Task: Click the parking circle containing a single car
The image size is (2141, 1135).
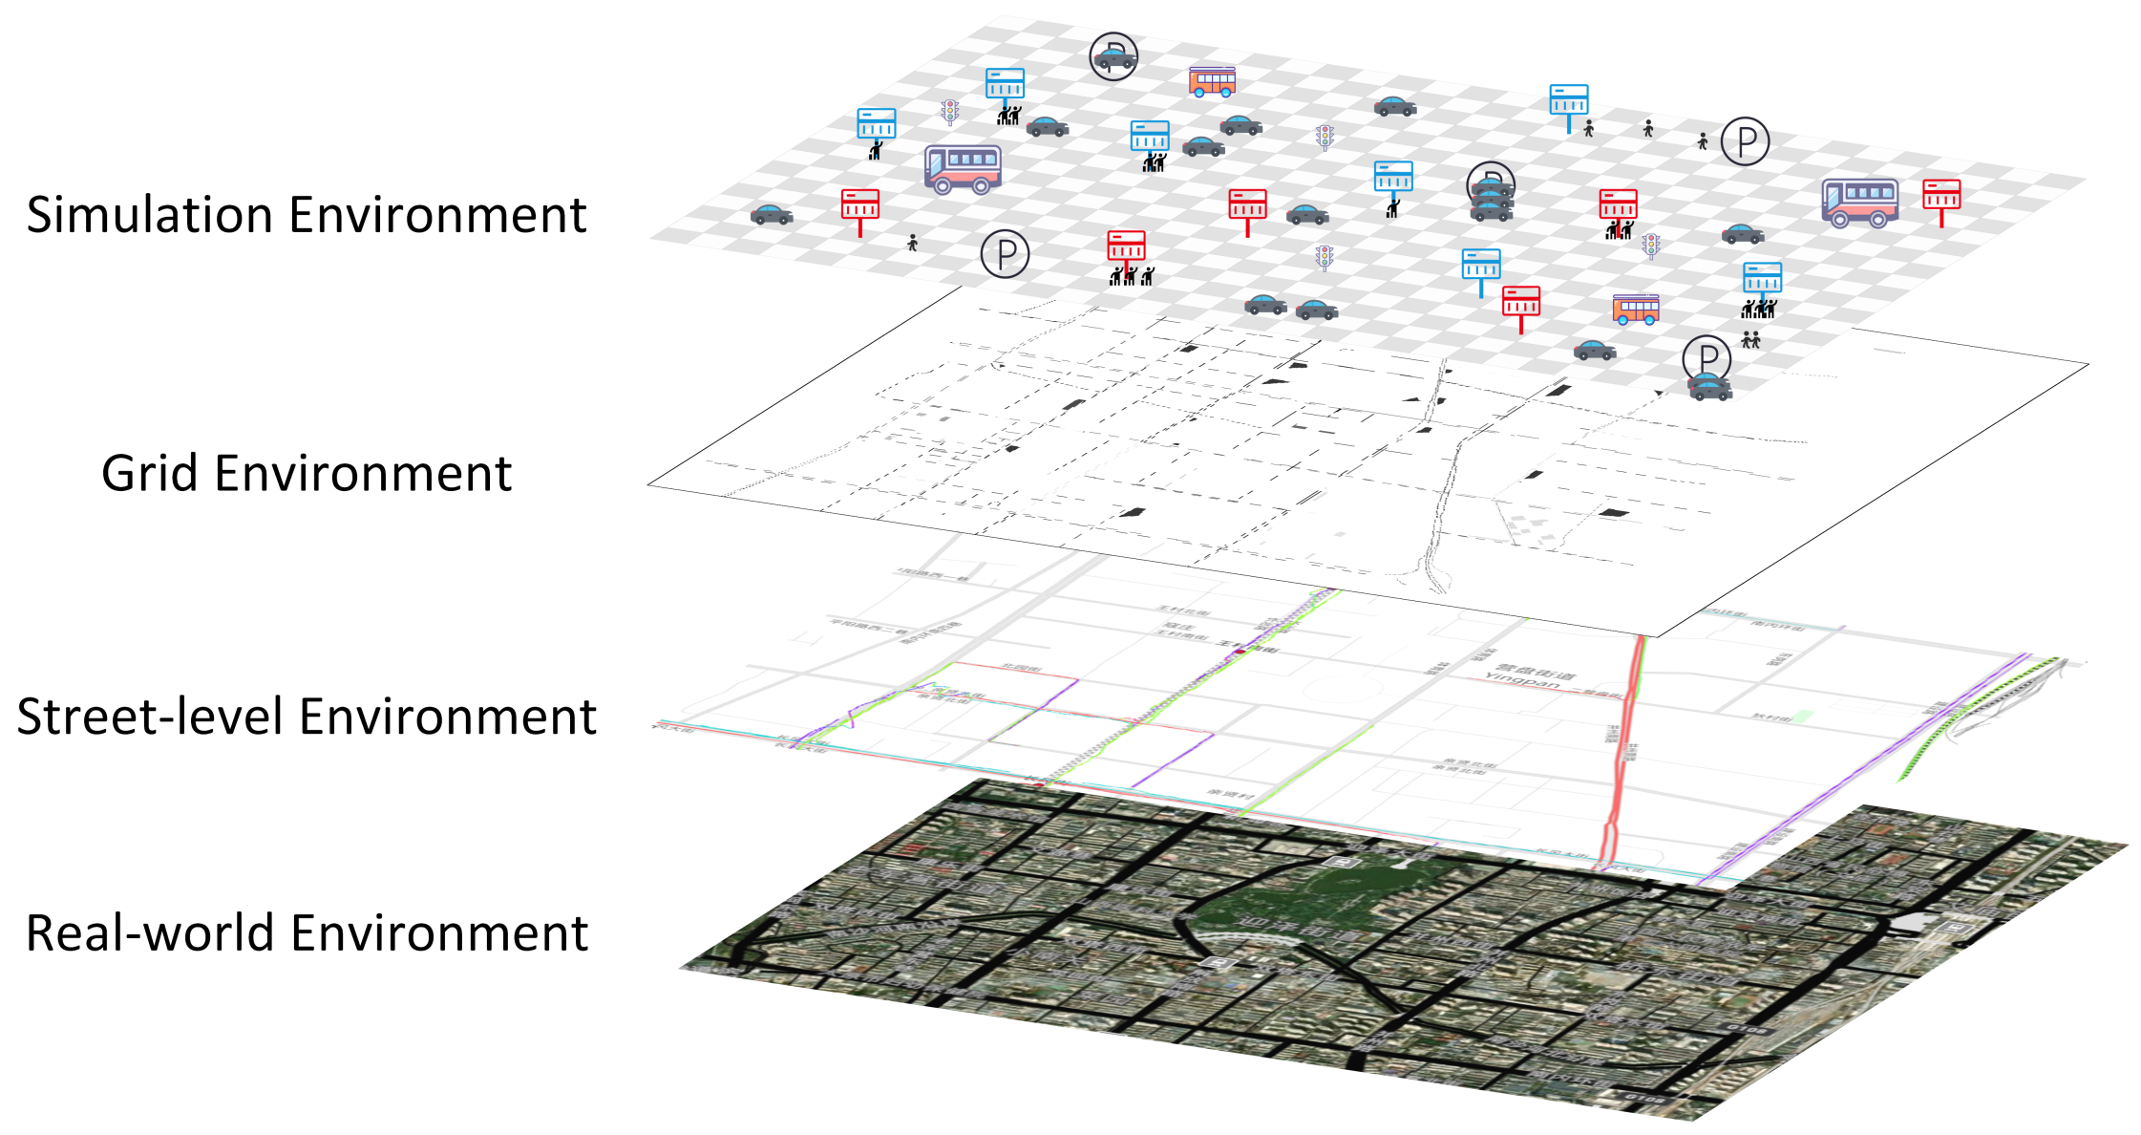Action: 1113,55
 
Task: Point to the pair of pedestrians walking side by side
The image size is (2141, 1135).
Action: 1750,340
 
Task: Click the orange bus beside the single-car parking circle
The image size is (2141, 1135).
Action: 1212,81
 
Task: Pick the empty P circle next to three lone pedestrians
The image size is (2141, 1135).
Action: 1745,141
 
